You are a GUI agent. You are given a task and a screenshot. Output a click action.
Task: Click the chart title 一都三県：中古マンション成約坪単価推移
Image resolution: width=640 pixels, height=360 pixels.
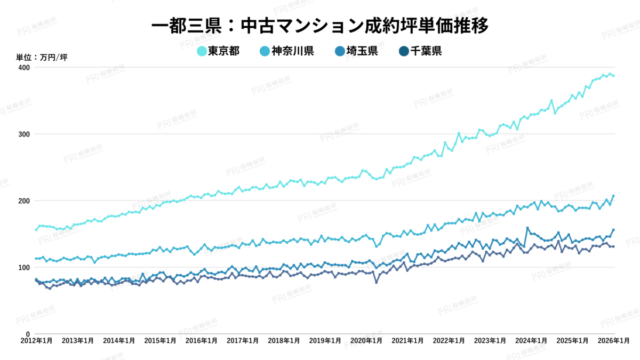coord(319,25)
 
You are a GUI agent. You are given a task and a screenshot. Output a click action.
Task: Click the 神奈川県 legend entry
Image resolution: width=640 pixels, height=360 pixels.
coord(286,51)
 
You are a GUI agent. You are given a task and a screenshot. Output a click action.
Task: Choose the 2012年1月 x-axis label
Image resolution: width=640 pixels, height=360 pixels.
coord(36,340)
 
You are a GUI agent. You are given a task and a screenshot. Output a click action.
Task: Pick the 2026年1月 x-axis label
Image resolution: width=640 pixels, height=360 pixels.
coord(614,340)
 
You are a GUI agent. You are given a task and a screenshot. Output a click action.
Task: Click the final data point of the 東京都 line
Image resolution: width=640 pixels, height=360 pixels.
coord(613,76)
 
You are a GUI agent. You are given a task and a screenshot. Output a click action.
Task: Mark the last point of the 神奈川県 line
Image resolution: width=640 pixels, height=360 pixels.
coord(613,196)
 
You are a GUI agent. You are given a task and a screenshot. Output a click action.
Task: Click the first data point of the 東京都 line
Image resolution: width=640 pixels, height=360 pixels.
coord(36,230)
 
